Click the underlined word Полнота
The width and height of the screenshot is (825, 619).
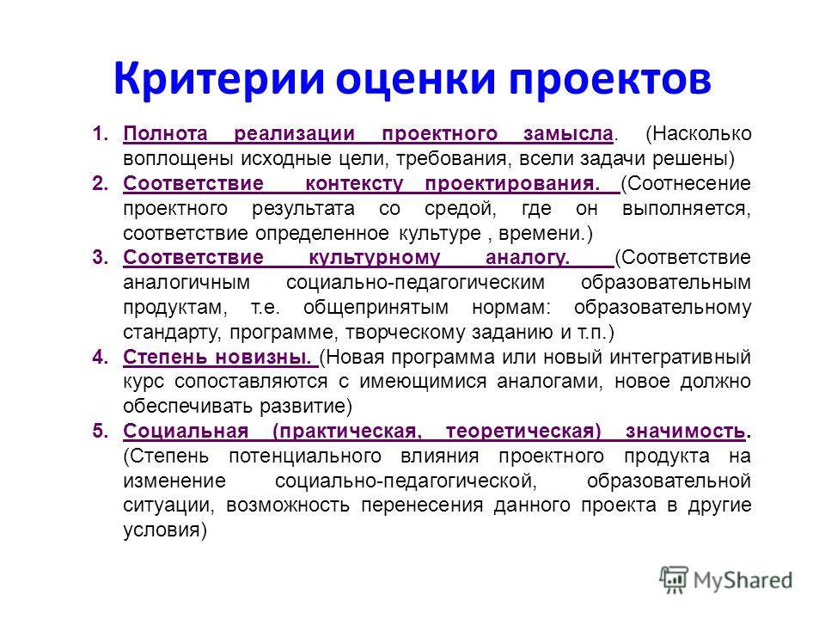pyautogui.click(x=165, y=134)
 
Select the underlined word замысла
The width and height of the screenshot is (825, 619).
pyautogui.click(x=568, y=134)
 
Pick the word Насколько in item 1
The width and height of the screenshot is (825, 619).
pyautogui.click(x=698, y=134)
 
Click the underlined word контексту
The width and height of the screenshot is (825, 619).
pyautogui.click(x=354, y=184)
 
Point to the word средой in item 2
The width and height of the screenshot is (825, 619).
pyautogui.click(x=461, y=209)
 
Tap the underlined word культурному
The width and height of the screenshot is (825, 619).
pyautogui.click(x=374, y=258)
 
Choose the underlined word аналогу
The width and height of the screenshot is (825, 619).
pyautogui.click(x=527, y=258)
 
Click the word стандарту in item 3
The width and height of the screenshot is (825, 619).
pyautogui.click(x=172, y=333)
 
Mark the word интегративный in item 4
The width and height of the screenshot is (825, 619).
pyautogui.click(x=681, y=358)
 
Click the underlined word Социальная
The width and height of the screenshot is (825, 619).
pyautogui.click(x=186, y=431)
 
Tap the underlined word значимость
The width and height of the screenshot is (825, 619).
pyautogui.click(x=686, y=432)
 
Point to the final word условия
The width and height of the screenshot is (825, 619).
pyautogui.click(x=165, y=530)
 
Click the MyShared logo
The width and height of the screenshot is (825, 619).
pyautogui.click(x=726, y=580)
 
